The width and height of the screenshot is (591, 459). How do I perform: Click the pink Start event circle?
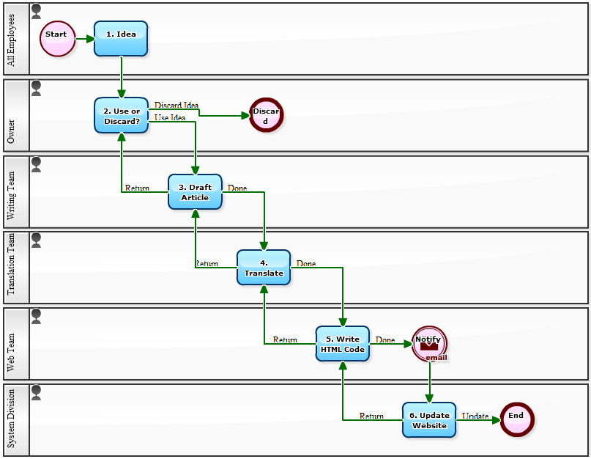coord(57,39)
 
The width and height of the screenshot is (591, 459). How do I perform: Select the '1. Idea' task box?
coord(121,38)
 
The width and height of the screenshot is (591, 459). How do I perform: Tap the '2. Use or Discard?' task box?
coord(121,115)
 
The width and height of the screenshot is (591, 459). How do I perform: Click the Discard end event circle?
coord(266,115)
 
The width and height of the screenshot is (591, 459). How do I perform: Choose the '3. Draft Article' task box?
coord(195,191)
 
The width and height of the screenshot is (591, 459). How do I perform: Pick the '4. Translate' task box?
coord(264,268)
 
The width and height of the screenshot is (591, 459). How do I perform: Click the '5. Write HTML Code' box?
coord(342,344)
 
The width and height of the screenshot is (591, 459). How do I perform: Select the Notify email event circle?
coord(429,343)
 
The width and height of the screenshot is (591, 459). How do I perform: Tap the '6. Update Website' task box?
coord(429,420)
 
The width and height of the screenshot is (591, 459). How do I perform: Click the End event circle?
coord(516,419)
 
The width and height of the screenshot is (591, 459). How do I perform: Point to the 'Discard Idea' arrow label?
coord(176,106)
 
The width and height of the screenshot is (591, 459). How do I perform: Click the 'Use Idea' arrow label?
coord(170,117)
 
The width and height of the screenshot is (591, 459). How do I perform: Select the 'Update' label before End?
coord(475,416)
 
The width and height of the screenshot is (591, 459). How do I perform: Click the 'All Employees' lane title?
coord(11,40)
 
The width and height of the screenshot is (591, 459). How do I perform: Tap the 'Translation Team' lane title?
coord(11,268)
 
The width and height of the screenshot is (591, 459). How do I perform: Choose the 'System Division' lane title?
coord(11,419)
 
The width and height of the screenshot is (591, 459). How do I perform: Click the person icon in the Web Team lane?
coord(36,315)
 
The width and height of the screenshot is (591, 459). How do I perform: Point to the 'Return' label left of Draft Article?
coord(137,188)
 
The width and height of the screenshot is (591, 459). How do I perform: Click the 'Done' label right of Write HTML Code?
coord(385,340)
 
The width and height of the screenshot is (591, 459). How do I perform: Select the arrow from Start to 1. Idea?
coord(84,39)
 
